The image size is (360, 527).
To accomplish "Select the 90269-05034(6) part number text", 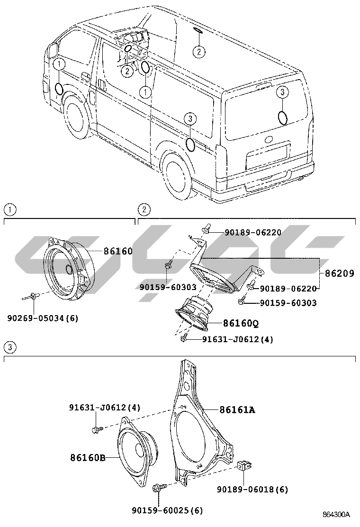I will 43,318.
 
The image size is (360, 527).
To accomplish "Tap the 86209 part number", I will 340,273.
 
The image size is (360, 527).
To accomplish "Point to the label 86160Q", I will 241,323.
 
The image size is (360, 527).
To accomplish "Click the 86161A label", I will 237,409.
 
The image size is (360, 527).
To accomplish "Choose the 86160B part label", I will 88,457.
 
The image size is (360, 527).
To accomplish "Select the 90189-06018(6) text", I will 252,489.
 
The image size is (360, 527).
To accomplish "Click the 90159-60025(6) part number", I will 167,510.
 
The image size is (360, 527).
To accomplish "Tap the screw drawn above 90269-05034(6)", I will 32,297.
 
